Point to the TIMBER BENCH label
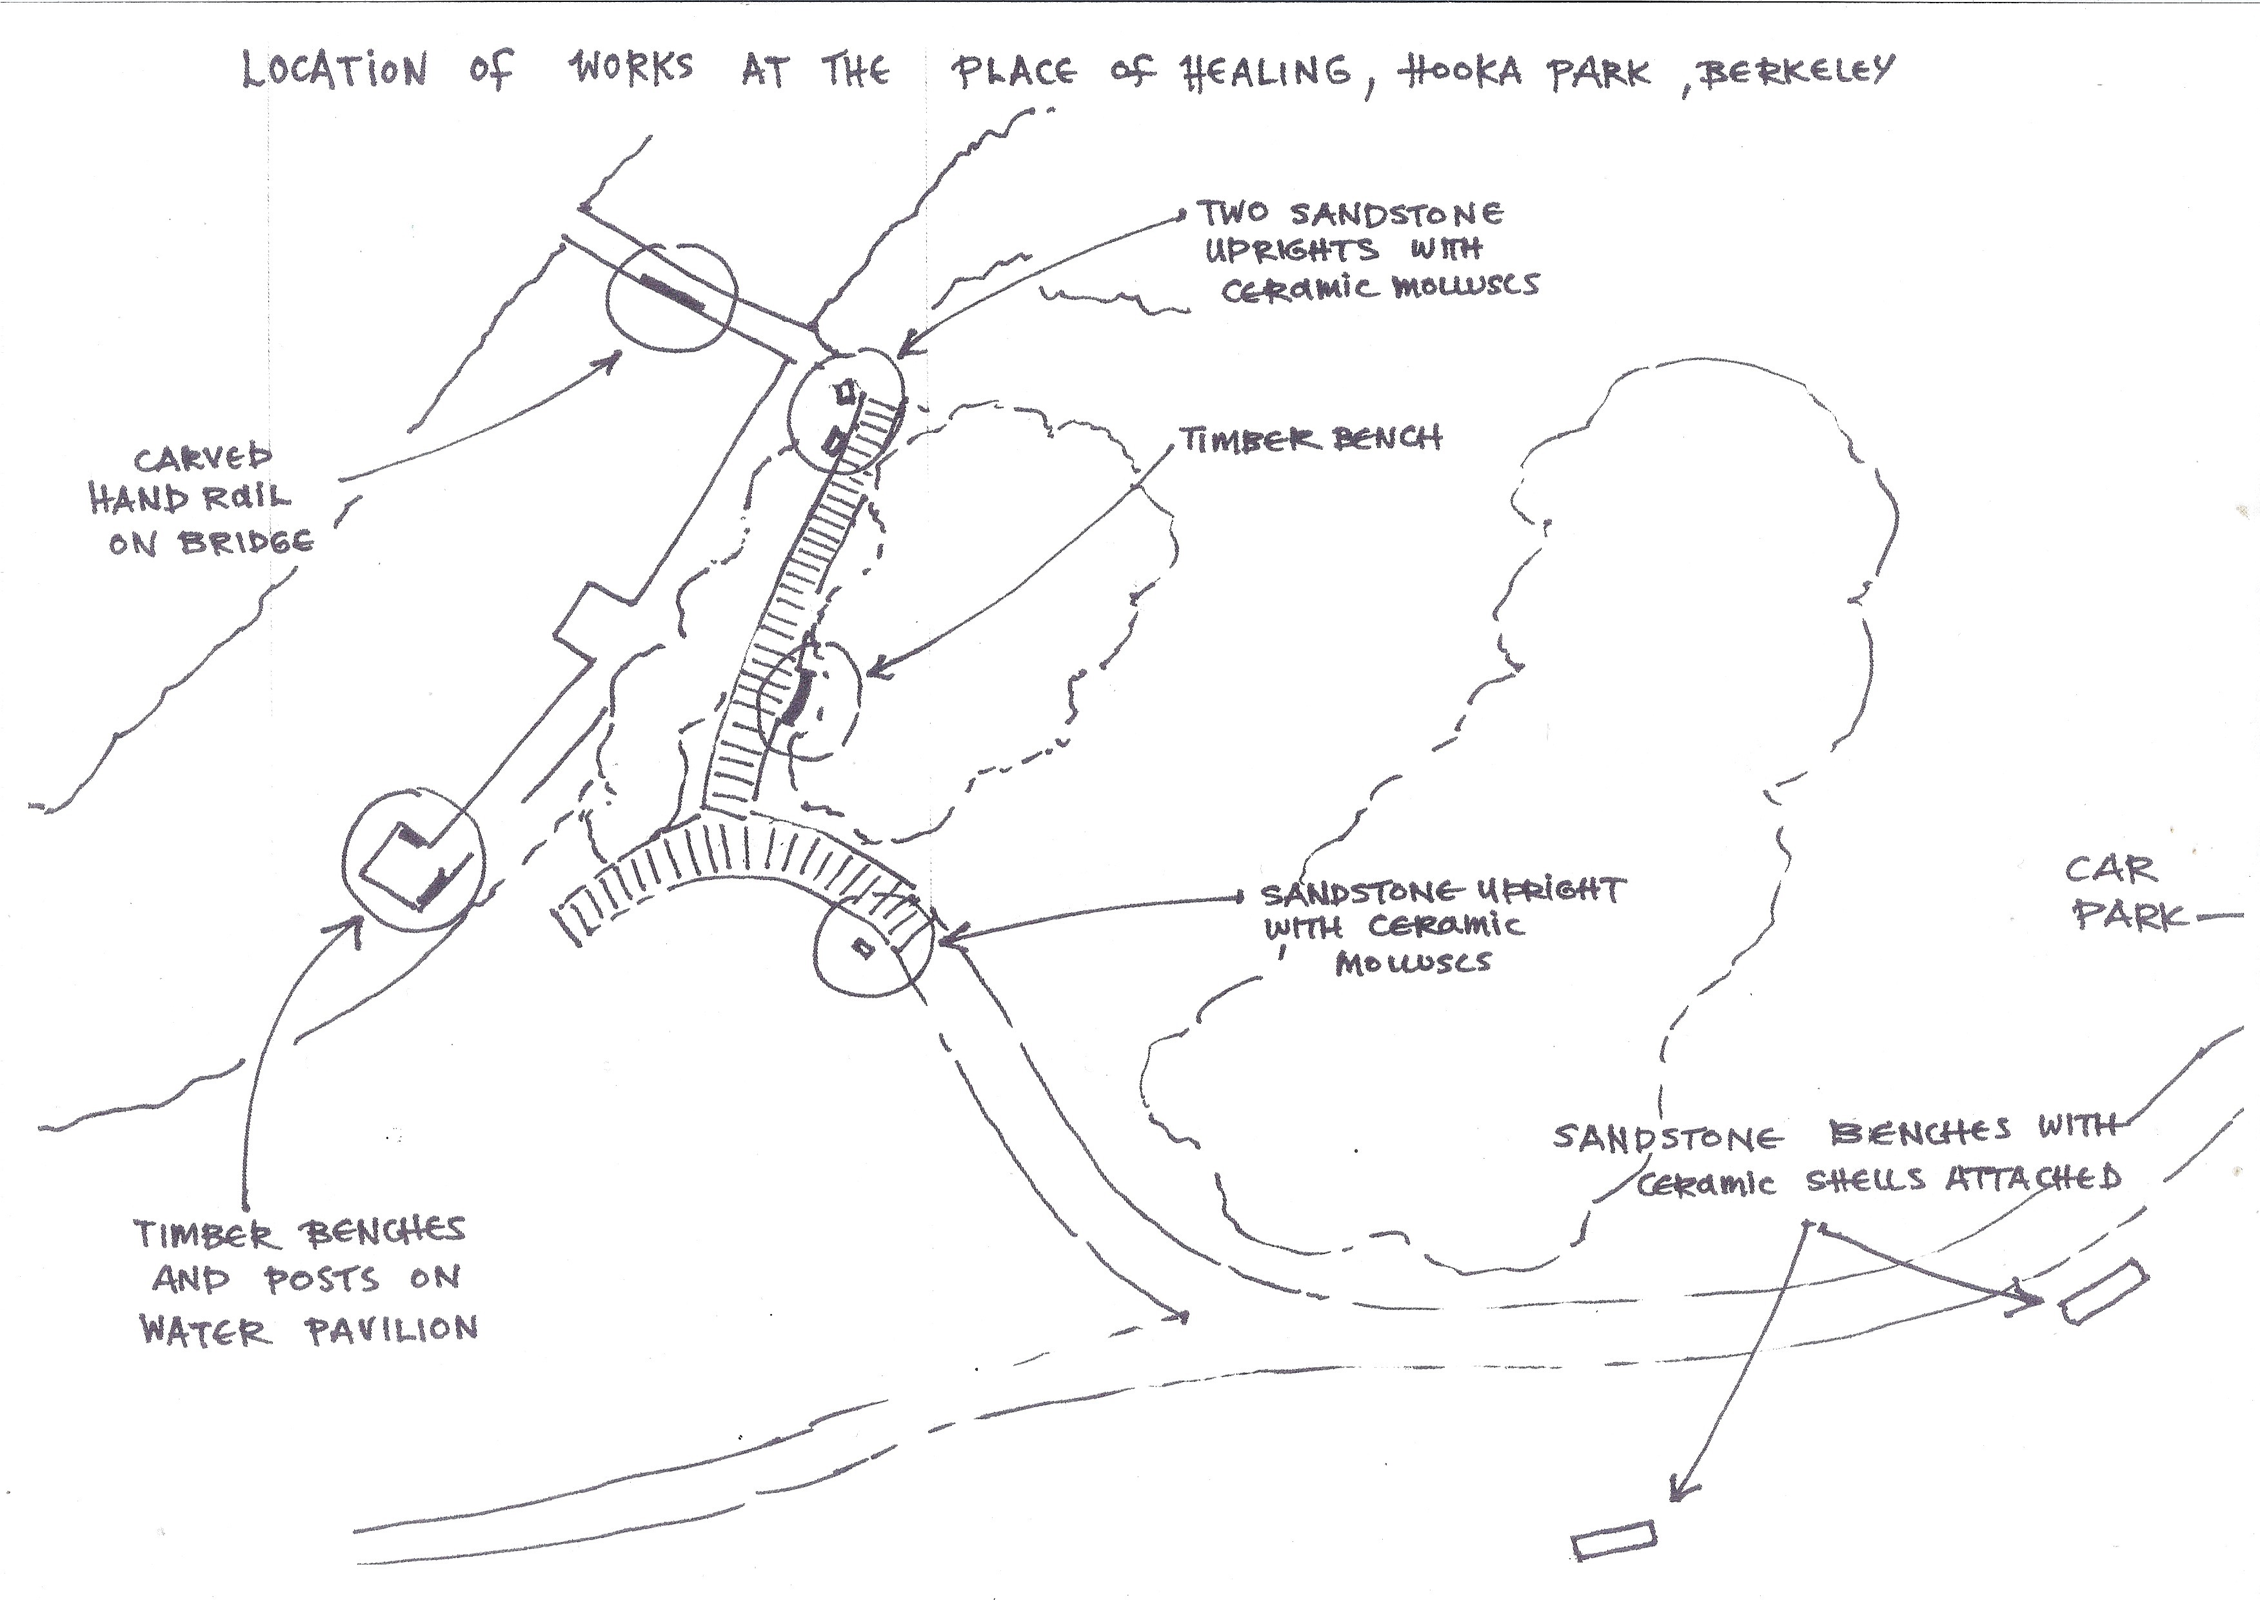[x=1311, y=439]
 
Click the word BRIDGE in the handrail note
[x=246, y=541]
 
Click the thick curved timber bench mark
[x=796, y=697]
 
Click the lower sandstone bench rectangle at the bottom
[x=1614, y=1540]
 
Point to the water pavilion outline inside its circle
[x=415, y=861]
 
